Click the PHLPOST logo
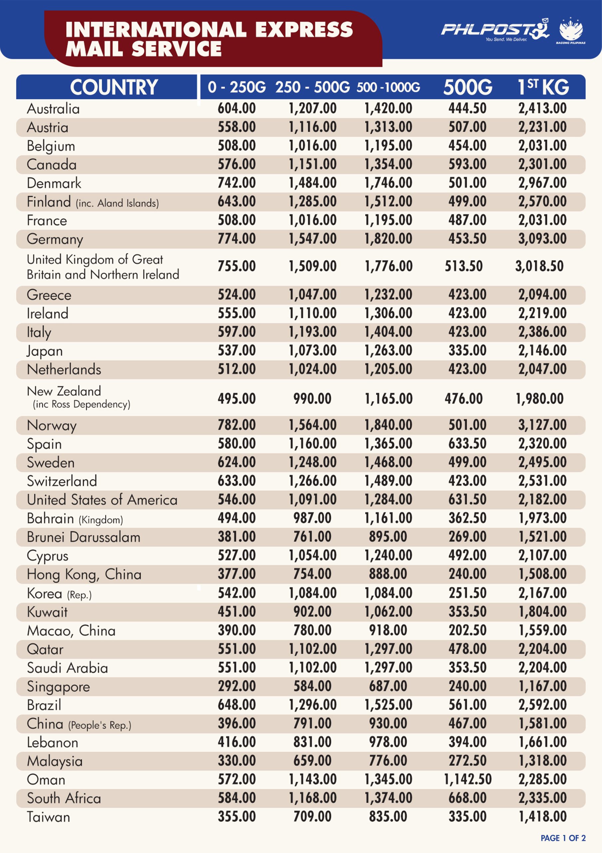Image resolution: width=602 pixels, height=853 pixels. tap(495, 30)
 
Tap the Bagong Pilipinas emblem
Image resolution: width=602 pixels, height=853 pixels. tap(571, 30)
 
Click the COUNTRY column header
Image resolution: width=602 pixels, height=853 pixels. tap(114, 87)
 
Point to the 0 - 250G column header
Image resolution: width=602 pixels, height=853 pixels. tap(237, 87)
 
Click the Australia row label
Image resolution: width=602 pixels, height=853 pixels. tap(53, 109)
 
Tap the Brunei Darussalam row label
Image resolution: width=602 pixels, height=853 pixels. tap(84, 537)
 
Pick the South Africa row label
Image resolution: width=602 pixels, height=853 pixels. tap(64, 798)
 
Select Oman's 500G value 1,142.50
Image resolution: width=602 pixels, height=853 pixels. tap(468, 779)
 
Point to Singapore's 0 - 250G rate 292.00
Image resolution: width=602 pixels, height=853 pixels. tap(237, 686)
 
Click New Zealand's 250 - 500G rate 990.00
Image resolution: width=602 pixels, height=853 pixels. tap(312, 399)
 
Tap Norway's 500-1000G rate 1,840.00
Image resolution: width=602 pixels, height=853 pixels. tap(388, 425)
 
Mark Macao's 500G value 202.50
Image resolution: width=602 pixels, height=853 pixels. tap(468, 630)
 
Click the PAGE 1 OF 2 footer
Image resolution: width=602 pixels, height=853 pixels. tap(563, 838)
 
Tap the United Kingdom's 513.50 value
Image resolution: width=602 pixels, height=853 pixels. tap(464, 266)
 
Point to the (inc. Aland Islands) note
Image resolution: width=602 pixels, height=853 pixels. tap(117, 203)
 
